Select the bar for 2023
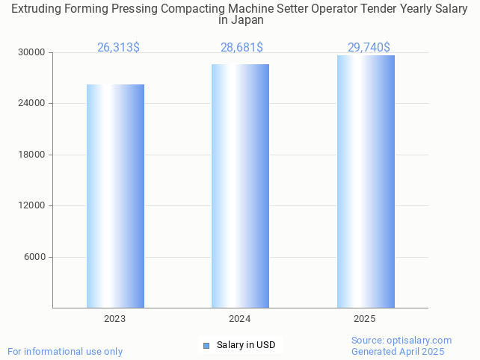115,196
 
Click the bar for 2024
240,186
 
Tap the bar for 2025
366,181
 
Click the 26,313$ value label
118,47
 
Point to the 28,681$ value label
241,47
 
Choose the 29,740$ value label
369,47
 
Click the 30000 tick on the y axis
32,52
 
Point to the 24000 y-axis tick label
32,104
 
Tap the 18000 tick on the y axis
32,155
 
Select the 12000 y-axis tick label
32,206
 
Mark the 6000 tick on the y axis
35,257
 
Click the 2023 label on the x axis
115,319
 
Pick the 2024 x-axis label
240,319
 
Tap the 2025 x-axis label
365,319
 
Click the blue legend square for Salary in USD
206,345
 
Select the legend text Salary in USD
246,345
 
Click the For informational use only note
65,351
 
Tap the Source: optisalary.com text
401,340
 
